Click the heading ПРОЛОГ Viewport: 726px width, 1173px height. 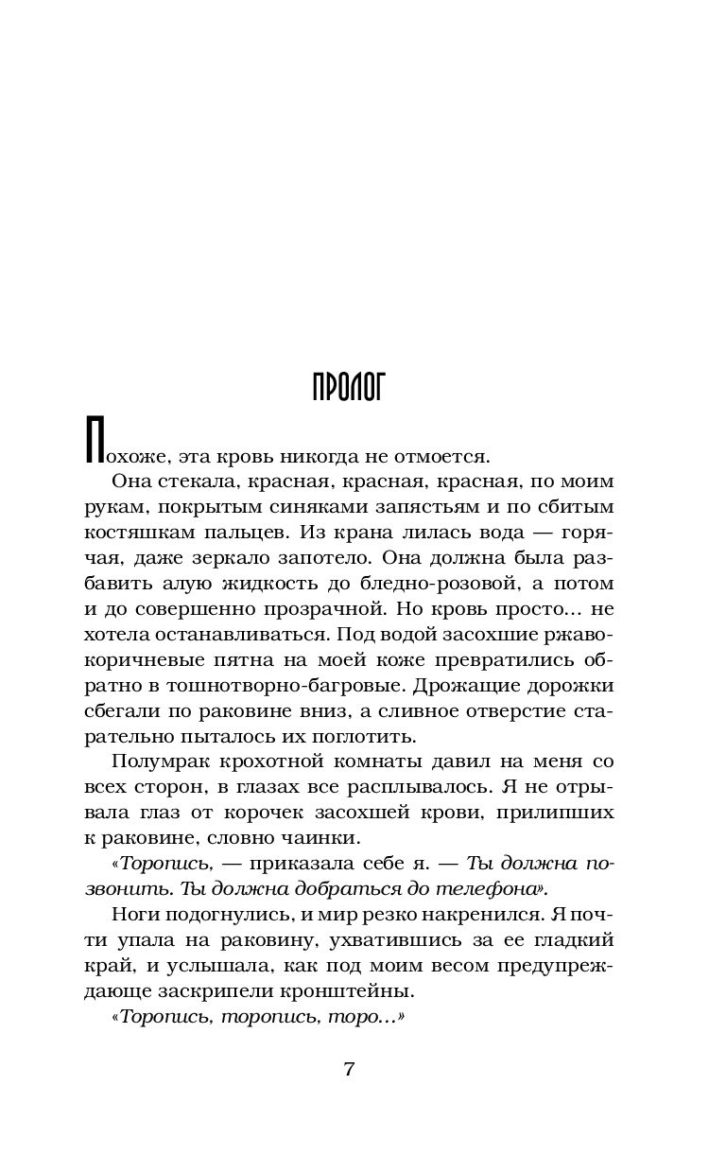(x=349, y=387)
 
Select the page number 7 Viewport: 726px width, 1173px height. (x=349, y=1070)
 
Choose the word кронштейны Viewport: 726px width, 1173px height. (x=351, y=992)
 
